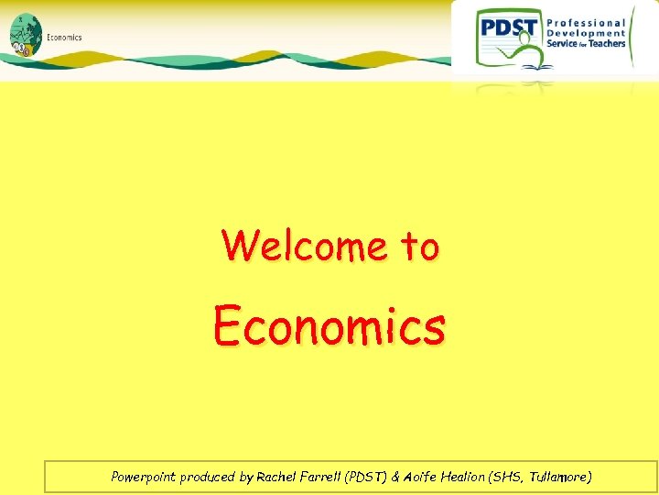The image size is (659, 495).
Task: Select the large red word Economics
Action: coord(329,325)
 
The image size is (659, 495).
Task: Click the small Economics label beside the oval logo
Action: coord(64,38)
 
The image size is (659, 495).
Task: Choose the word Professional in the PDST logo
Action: coord(586,23)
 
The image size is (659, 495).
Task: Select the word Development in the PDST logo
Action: coord(586,33)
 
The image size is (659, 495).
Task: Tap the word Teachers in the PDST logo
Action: coord(607,43)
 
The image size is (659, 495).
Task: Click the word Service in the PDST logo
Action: coord(562,43)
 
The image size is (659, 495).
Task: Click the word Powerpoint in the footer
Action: coord(143,477)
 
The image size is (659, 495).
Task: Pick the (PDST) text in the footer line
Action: coord(369,477)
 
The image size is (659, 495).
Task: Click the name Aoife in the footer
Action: coord(419,477)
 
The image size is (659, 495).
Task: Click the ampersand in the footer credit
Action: coord(394,477)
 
